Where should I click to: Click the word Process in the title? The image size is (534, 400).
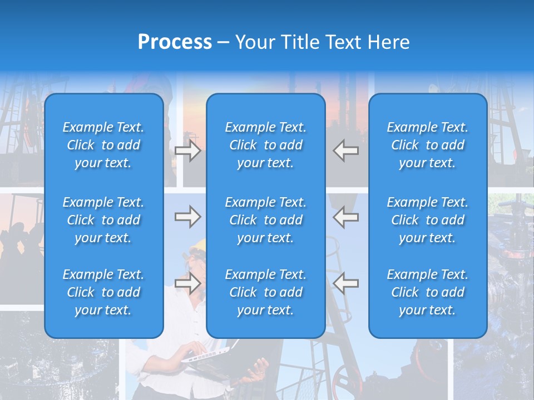coord(175,42)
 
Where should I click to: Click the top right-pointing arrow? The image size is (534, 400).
coord(188,151)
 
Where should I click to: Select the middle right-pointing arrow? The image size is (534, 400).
coord(188,217)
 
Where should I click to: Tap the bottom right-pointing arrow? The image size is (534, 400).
coord(188,283)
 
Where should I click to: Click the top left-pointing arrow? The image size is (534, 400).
coord(345,151)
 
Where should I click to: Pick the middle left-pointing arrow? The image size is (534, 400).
coord(345,217)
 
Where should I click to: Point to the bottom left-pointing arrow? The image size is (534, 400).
coord(345,283)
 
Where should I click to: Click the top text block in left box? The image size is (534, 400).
coord(103,145)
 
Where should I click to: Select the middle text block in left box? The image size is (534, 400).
coord(103,220)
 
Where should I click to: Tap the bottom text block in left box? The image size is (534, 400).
coord(103,292)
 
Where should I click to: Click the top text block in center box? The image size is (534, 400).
coord(265,145)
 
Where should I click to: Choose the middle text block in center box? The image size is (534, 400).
coord(265,220)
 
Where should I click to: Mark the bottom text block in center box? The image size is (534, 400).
coord(265,292)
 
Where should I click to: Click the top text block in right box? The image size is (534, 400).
coord(427,145)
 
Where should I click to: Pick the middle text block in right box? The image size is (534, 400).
coord(427,220)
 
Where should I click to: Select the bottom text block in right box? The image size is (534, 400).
coord(427,292)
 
